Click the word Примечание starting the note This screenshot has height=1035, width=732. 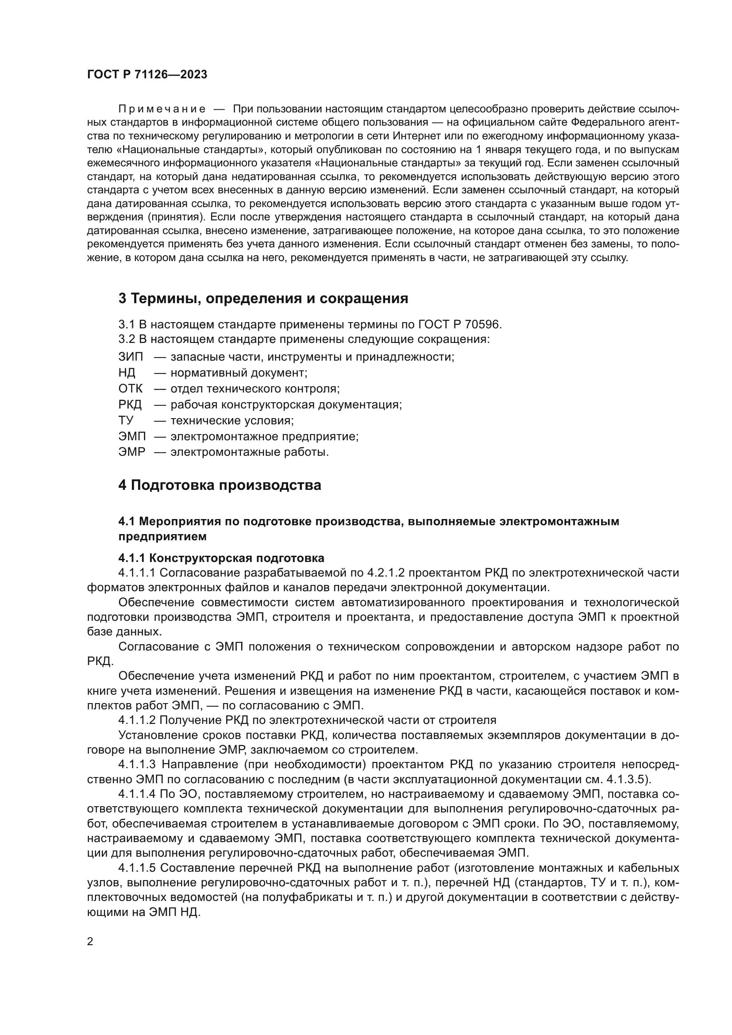coord(162,109)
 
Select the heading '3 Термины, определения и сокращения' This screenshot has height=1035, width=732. coord(263,298)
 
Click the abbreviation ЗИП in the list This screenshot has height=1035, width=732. coord(130,357)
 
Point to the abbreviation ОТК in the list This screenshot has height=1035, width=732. coord(130,389)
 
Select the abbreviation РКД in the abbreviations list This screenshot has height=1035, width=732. coord(130,404)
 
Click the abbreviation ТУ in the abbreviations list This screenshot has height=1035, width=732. coord(126,420)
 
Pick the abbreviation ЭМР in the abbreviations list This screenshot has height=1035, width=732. coord(131,452)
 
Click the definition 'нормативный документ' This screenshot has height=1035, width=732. coord(239,373)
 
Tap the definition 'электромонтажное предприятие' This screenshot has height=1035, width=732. coord(264,436)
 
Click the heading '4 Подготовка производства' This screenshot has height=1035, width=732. coord(220,485)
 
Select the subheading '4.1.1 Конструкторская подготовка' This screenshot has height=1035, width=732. coord(221,558)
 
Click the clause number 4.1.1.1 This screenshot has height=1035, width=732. coord(137,573)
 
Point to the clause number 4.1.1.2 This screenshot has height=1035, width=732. coord(137,720)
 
